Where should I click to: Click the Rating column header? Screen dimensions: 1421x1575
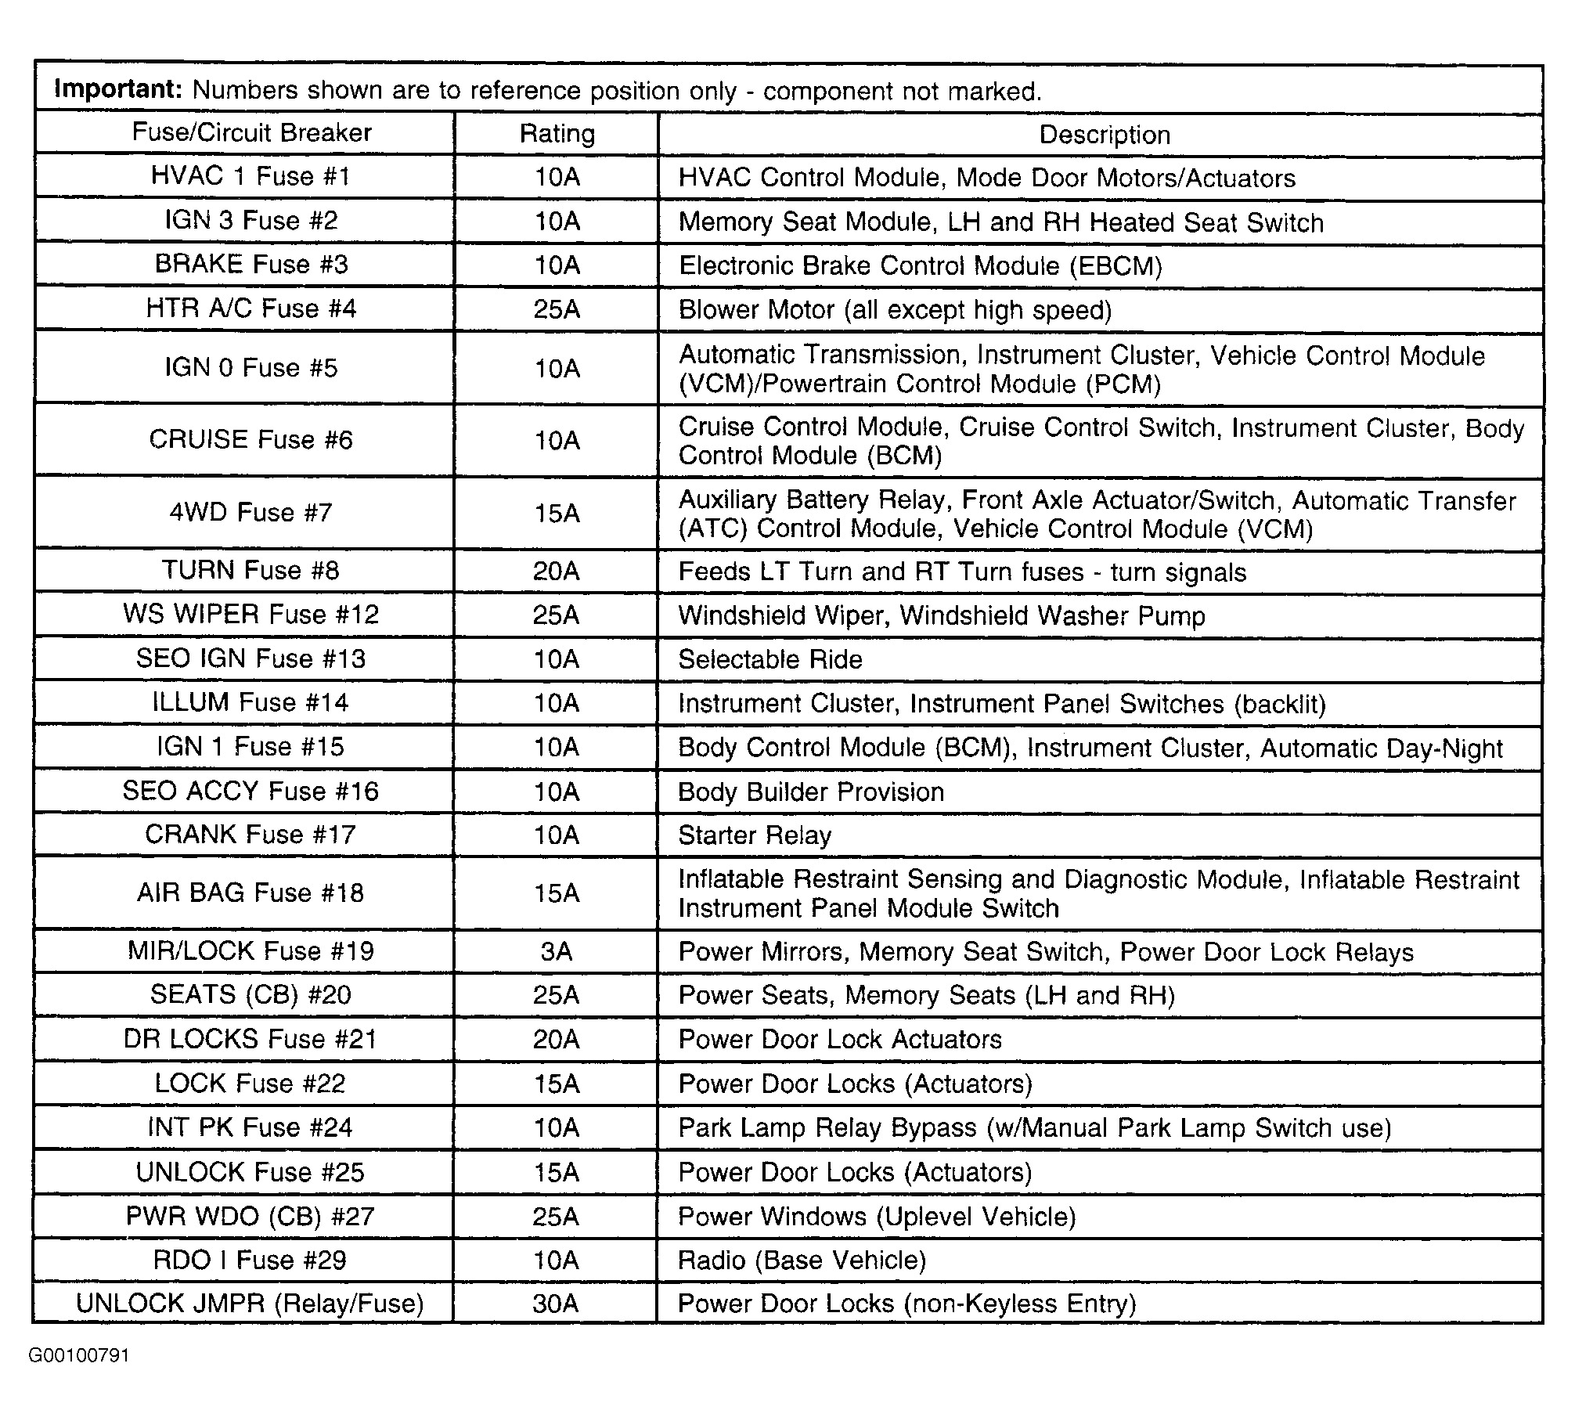557,134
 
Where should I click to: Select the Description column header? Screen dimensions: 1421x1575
1104,135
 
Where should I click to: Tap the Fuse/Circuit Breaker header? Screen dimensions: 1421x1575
251,132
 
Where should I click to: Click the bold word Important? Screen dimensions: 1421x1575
118,89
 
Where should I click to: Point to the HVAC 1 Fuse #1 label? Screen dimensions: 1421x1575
250,176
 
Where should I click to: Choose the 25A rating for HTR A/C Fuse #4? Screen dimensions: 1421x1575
557,309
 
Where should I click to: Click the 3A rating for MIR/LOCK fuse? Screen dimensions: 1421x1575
557,951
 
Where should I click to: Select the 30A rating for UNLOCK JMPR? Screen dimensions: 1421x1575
555,1304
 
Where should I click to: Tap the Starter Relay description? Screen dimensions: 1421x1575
755,835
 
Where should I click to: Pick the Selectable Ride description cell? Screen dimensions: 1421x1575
770,659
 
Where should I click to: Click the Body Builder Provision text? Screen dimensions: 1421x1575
811,792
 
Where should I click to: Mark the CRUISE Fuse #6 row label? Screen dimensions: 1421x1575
250,439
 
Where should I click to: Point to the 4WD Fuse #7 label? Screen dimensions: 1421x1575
250,513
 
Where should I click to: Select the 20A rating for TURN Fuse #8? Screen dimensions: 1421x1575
556,572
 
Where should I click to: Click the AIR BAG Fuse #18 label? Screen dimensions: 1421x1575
250,893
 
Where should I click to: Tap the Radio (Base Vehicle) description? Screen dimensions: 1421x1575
802,1260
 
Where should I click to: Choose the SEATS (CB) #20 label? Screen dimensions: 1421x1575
250,995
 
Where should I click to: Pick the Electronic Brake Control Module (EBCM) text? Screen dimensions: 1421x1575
920,266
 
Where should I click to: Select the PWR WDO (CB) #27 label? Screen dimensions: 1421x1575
250,1216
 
